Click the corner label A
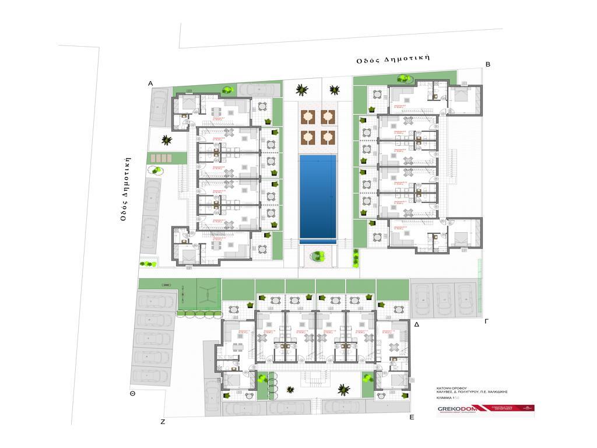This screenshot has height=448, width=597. (x=150, y=84)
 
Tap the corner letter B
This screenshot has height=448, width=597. (x=488, y=65)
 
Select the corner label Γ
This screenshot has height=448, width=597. (x=487, y=321)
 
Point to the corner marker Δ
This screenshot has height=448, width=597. (x=417, y=323)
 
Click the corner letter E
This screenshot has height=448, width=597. (x=412, y=417)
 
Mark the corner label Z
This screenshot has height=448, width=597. (x=163, y=421)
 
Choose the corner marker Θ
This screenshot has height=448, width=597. (x=133, y=394)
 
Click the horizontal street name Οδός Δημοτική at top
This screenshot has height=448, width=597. (x=394, y=58)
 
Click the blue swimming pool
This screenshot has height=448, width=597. (x=318, y=198)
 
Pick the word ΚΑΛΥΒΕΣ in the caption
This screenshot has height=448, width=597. (x=446, y=392)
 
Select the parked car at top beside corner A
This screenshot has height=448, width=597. (x=257, y=89)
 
